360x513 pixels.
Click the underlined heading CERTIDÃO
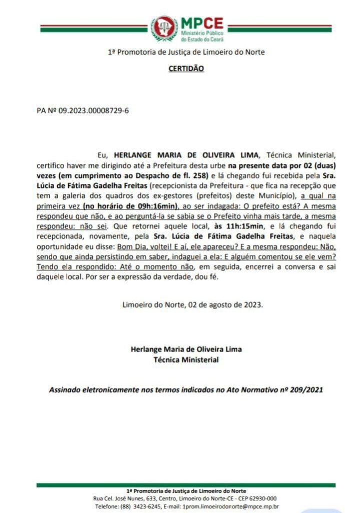[x=186, y=68]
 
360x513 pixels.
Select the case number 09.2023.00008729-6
[x=94, y=111]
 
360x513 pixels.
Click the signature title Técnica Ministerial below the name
[x=186, y=359]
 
